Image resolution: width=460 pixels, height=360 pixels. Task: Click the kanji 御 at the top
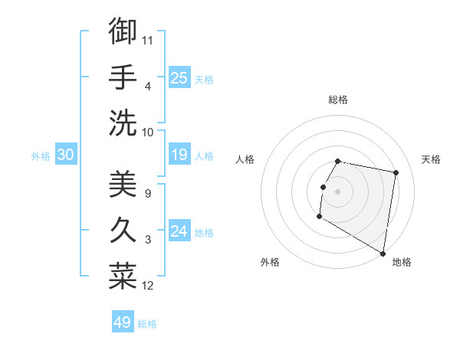(123, 32)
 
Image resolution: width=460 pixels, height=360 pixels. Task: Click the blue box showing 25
(179, 78)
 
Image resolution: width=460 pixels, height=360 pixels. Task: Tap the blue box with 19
(179, 155)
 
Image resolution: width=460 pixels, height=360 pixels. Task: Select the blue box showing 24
(179, 231)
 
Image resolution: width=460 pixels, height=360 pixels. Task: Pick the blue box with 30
(66, 155)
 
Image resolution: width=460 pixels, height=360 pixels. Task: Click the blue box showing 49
(123, 322)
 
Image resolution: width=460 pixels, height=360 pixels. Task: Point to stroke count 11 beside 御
(148, 40)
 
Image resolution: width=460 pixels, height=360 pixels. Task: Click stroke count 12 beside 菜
(148, 286)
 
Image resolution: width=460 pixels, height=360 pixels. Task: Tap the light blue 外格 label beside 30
(41, 156)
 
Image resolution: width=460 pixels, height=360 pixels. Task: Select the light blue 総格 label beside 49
(147, 324)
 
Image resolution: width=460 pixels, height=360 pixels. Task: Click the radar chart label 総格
(338, 100)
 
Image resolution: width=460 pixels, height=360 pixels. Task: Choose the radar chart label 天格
(432, 159)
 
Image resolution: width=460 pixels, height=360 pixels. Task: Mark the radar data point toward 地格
(383, 254)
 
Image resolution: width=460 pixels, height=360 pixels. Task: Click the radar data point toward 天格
(396, 173)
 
